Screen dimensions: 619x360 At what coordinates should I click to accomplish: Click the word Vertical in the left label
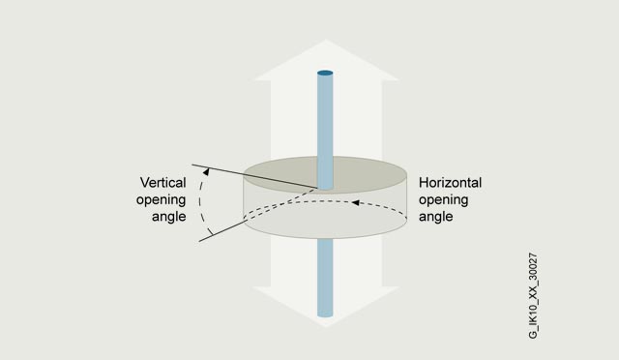click(162, 183)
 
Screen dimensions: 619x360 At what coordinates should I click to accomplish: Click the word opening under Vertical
click(162, 200)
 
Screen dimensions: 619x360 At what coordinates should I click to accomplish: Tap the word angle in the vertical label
click(169, 217)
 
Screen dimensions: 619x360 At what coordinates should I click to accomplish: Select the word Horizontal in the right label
click(450, 183)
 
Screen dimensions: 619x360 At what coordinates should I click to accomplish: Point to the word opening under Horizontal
click(444, 200)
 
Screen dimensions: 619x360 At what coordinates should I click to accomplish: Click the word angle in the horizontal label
click(436, 217)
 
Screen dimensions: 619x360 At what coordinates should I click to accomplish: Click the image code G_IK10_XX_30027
click(533, 295)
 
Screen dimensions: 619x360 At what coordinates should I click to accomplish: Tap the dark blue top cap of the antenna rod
click(325, 74)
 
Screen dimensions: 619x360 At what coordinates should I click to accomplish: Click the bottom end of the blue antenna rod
click(325, 315)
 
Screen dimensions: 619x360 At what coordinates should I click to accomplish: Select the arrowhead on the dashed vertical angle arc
click(206, 172)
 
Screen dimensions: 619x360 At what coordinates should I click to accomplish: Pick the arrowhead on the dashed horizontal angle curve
click(355, 202)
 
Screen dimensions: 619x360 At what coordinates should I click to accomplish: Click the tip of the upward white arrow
click(326, 40)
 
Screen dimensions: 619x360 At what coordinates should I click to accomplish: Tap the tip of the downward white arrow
click(326, 327)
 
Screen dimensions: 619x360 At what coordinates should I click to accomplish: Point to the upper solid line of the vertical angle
click(254, 176)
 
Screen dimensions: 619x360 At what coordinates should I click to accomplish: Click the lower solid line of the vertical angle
click(222, 231)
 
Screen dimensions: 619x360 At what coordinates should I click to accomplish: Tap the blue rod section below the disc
click(325, 277)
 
